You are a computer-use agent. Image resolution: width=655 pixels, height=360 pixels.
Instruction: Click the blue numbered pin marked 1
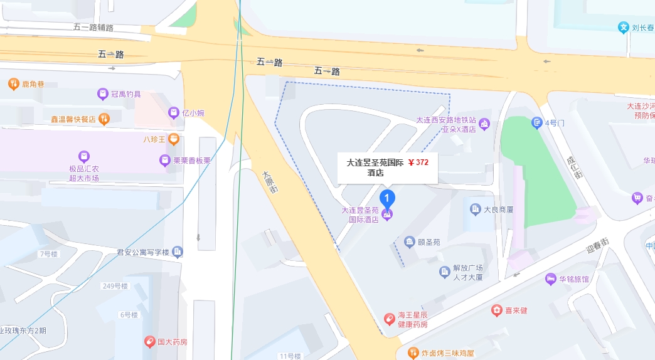point(388,199)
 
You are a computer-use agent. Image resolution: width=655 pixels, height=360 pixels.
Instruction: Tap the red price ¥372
point(418,162)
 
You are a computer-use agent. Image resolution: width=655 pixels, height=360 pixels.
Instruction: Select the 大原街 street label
point(270,181)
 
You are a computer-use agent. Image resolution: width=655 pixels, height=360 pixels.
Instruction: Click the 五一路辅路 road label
point(93,27)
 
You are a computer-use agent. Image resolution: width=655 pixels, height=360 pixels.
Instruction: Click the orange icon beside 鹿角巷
point(13,83)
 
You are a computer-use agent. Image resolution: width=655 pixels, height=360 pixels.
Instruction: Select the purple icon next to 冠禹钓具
point(103,94)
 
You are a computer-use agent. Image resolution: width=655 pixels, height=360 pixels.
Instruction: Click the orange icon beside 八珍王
point(174,139)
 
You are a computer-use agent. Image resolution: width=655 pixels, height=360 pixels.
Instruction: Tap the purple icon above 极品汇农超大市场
point(84,156)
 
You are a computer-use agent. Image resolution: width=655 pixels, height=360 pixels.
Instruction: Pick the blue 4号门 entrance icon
point(536,123)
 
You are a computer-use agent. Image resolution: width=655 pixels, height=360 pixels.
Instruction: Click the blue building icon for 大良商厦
point(475,209)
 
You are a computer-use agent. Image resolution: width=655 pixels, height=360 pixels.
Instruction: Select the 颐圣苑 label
point(429,242)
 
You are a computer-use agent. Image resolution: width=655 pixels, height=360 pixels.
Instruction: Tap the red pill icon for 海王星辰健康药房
point(390,319)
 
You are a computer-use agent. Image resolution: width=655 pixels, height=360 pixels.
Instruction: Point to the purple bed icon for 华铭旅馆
point(551,279)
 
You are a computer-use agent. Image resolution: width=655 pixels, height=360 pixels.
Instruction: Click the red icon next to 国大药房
point(149,342)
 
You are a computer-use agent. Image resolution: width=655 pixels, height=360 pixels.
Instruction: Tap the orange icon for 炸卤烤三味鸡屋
point(413,353)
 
